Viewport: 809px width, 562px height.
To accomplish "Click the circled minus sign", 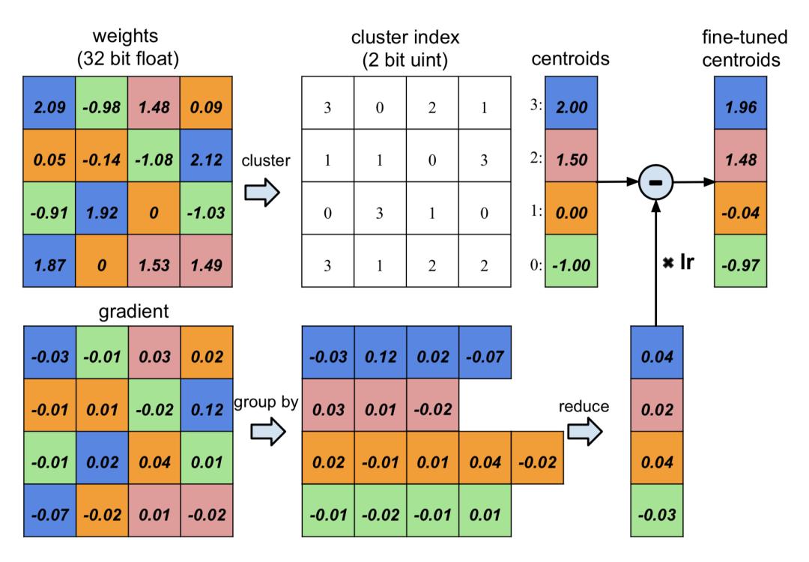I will [655, 182].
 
